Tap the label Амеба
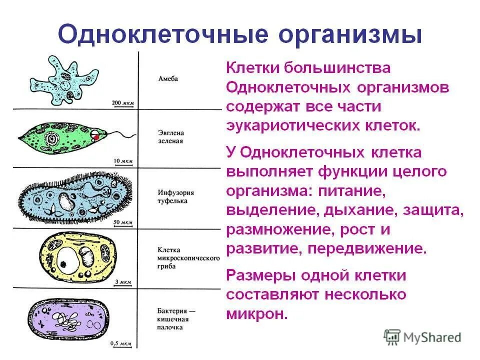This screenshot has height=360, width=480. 168,79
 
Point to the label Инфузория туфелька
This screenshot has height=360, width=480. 175,196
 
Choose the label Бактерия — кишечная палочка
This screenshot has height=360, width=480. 175,319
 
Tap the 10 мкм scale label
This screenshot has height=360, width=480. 123,161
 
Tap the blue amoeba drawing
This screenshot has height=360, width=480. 65,80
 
